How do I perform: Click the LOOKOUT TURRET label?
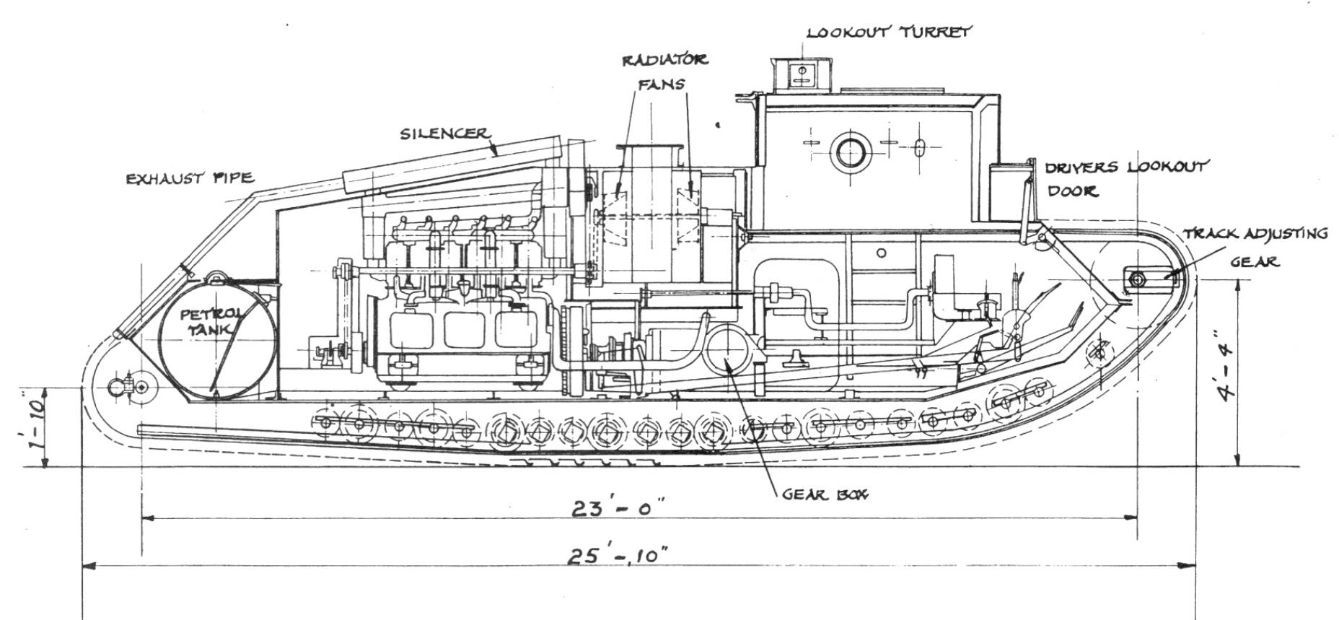click(889, 32)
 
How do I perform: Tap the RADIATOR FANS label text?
click(664, 71)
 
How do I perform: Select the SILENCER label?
click(444, 134)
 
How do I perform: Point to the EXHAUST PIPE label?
click(190, 178)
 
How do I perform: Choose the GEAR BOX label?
click(825, 495)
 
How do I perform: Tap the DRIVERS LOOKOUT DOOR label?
click(1124, 179)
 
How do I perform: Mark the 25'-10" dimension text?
click(617, 556)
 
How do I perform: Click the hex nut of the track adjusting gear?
click(1138, 279)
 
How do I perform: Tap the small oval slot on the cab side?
click(918, 149)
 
